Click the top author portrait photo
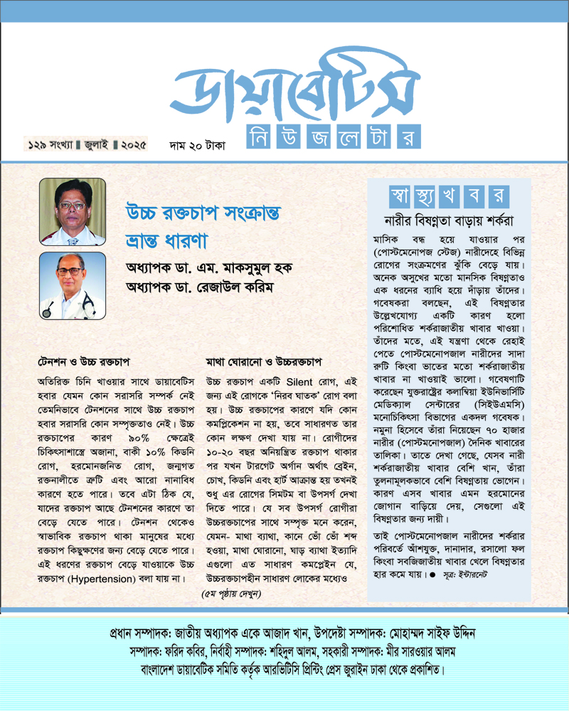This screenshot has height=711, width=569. tap(72, 211)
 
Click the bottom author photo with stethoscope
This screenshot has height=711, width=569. tap(72, 284)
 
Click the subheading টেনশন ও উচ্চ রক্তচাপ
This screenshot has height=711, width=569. tap(80, 361)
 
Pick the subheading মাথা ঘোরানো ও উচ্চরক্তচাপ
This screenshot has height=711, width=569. tap(264, 361)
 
